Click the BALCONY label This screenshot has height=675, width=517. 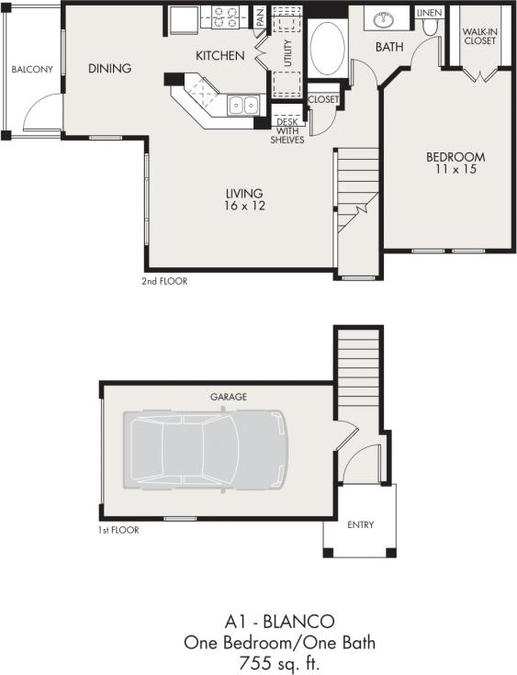(30, 70)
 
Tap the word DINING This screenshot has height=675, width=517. (109, 68)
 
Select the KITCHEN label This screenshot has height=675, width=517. (219, 56)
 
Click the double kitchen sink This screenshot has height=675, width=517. (242, 105)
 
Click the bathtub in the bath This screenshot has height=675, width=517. (326, 49)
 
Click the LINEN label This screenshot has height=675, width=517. (428, 13)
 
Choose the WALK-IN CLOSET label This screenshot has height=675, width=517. (479, 36)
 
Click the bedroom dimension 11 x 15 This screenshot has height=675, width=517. (455, 170)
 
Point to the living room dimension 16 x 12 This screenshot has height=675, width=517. (245, 207)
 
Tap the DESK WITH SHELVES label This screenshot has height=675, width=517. (289, 129)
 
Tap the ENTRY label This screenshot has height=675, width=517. (360, 525)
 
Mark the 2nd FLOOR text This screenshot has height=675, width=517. (164, 281)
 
